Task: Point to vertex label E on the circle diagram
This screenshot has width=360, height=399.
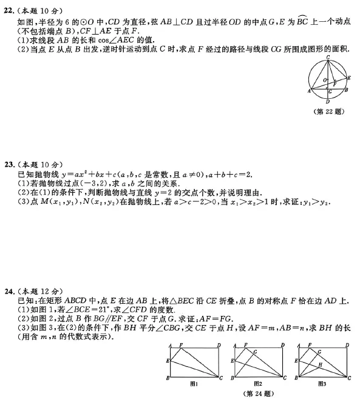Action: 348,77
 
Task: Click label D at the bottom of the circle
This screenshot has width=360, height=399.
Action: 328,102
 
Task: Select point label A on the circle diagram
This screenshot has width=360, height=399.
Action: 308,91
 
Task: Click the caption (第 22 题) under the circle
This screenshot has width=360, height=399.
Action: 328,112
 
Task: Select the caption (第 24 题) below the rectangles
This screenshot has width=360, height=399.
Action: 256,391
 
